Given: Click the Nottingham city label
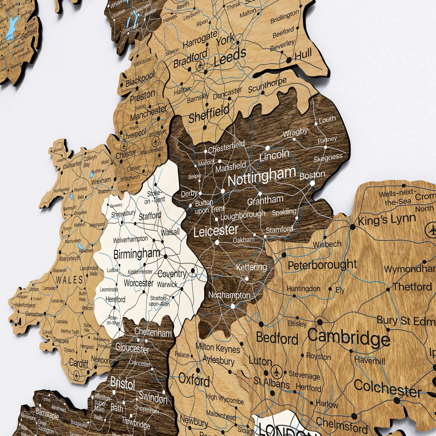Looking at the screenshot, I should point(262,176).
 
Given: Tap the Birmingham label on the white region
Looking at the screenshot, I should point(136,254).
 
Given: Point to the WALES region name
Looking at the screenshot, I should point(69,280).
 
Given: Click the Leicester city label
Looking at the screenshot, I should point(216,231).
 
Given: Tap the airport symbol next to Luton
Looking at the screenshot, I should point(276,372).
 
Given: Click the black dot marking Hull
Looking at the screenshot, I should point(289,60).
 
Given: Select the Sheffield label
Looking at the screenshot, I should point(209,113).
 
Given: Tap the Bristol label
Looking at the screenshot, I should point(122,383).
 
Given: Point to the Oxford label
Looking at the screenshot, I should point(194,380).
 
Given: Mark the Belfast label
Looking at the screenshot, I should point(29,33).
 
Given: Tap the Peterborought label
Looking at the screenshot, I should point(322,265).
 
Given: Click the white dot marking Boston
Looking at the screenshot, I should point(312,183).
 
